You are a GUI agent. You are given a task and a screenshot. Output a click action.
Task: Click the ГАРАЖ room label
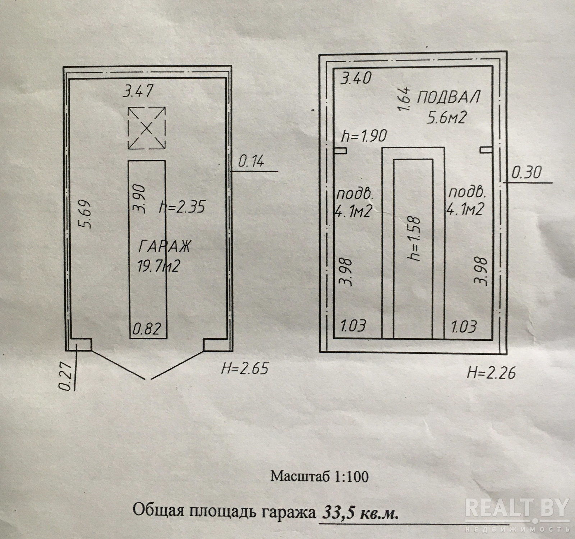click(164, 248)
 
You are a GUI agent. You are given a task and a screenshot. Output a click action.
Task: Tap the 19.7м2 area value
click(158, 267)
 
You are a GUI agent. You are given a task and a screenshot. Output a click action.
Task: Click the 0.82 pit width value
click(147, 329)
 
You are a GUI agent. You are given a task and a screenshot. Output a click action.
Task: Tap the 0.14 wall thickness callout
click(251, 162)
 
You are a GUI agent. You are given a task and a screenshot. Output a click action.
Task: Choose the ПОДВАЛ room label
click(449, 98)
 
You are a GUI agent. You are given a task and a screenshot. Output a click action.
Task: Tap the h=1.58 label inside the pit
click(416, 238)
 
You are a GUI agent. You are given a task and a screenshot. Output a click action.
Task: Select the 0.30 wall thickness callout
click(526, 173)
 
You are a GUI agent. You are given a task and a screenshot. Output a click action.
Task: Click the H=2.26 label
click(491, 372)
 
